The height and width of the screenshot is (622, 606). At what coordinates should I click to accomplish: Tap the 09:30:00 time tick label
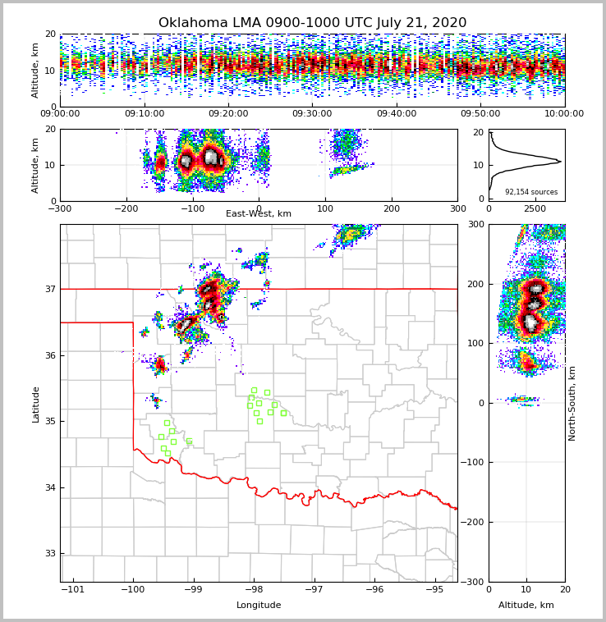pyautogui.click(x=312, y=114)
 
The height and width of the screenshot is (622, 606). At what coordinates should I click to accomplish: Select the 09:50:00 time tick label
pyautogui.click(x=480, y=114)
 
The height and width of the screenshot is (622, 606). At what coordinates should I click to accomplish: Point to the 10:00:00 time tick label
pyautogui.click(x=564, y=114)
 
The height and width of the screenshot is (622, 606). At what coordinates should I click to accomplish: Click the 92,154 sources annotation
pyautogui.click(x=530, y=192)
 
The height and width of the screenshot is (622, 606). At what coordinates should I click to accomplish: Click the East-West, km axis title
pyautogui.click(x=259, y=214)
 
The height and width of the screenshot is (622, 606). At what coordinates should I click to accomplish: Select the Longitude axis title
pyautogui.click(x=259, y=606)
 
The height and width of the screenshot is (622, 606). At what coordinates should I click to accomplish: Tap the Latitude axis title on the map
pyautogui.click(x=35, y=404)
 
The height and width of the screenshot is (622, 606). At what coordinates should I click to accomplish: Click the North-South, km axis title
pyautogui.click(x=572, y=403)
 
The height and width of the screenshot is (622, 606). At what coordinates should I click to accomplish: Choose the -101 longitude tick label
pyautogui.click(x=73, y=589)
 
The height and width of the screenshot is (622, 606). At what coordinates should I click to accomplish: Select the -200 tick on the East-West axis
pyautogui.click(x=126, y=208)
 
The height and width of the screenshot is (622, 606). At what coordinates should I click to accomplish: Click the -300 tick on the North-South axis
pyautogui.click(x=475, y=582)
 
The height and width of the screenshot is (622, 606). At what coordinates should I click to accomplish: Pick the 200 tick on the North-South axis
pyautogui.click(x=476, y=284)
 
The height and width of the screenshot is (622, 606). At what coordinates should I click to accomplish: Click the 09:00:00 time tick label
pyautogui.click(x=60, y=114)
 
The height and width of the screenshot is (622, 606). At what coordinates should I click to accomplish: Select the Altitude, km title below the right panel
pyautogui.click(x=526, y=606)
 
